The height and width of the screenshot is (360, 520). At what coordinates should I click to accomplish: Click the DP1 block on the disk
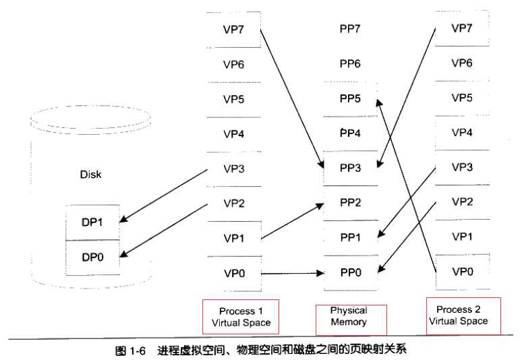tap(93, 221)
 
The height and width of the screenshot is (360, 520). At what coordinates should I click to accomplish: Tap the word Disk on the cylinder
tap(90, 174)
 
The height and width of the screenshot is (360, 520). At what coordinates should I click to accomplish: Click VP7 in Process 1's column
tap(233, 30)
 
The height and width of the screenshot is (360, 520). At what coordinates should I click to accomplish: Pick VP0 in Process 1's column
tap(233, 272)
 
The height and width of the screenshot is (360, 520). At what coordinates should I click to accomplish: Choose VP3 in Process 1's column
tap(233, 169)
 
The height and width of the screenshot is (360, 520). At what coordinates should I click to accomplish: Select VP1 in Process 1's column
tap(233, 237)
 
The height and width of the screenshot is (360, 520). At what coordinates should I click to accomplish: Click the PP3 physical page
tap(350, 168)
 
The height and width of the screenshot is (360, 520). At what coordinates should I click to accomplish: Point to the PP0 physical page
tap(350, 272)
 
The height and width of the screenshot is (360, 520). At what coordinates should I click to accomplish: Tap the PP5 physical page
tap(350, 98)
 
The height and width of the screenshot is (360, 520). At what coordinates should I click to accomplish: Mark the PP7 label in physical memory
tap(350, 29)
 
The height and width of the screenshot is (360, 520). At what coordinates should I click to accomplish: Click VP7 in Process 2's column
tap(461, 28)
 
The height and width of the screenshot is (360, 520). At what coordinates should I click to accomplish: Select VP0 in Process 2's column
tap(461, 271)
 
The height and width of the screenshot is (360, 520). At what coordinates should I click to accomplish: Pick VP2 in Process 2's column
tap(461, 202)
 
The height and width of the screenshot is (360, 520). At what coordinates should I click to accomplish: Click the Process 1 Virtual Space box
tap(241, 317)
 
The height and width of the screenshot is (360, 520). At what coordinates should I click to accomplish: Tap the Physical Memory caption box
tap(349, 316)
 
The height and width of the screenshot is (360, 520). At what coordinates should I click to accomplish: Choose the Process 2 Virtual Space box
tap(464, 316)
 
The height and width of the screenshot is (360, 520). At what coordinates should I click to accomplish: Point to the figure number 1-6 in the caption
tap(138, 351)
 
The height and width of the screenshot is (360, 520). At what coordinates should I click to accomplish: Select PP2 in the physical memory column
tap(350, 202)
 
